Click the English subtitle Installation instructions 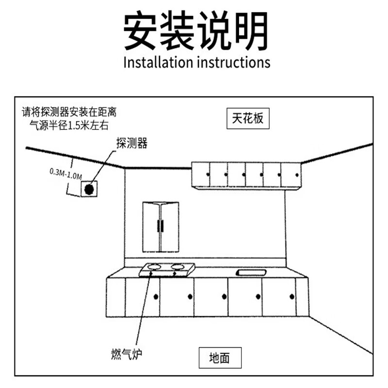tap(196, 63)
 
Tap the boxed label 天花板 tap(247, 119)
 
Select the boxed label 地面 tap(219, 358)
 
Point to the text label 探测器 tap(131, 143)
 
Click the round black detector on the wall tap(89, 189)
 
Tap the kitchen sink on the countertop tap(251, 273)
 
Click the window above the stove tap(161, 227)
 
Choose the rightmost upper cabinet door tap(291, 175)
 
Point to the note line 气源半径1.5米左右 tap(69, 125)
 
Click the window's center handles tap(161, 227)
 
